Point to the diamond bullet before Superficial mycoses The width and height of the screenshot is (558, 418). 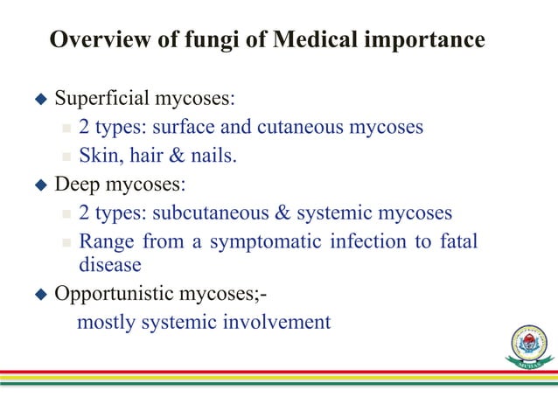tap(38, 97)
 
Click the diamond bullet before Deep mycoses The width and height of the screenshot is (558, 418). tap(38, 185)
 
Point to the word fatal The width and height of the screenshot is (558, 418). tap(457, 240)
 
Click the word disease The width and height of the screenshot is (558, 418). tap(110, 264)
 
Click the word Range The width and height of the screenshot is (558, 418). tap(105, 240)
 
